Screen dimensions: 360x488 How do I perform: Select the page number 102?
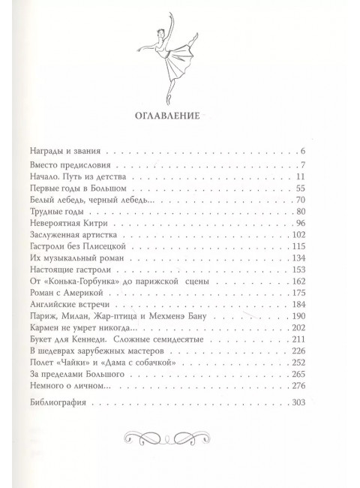299,236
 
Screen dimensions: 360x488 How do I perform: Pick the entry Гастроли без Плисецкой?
103,252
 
